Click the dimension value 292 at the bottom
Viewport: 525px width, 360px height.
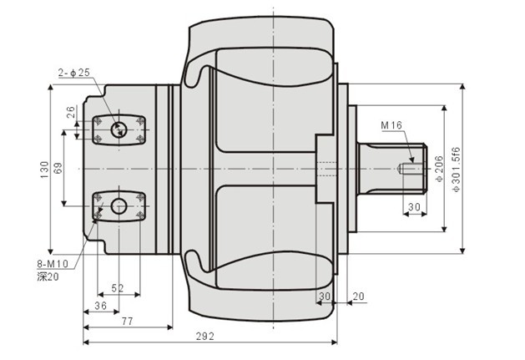(204, 336)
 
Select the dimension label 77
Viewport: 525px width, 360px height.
(127, 320)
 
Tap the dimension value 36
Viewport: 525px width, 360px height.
(99, 306)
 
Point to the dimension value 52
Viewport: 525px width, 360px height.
(118, 288)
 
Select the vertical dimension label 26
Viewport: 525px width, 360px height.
(71, 109)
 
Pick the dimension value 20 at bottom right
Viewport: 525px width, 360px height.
(359, 296)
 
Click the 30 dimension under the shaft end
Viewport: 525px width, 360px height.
(413, 206)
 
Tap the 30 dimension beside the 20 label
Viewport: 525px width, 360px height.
(324, 296)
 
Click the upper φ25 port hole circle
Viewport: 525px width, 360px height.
(119, 128)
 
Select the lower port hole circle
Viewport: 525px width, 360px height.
(119, 205)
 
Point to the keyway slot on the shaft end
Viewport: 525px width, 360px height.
(409, 168)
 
